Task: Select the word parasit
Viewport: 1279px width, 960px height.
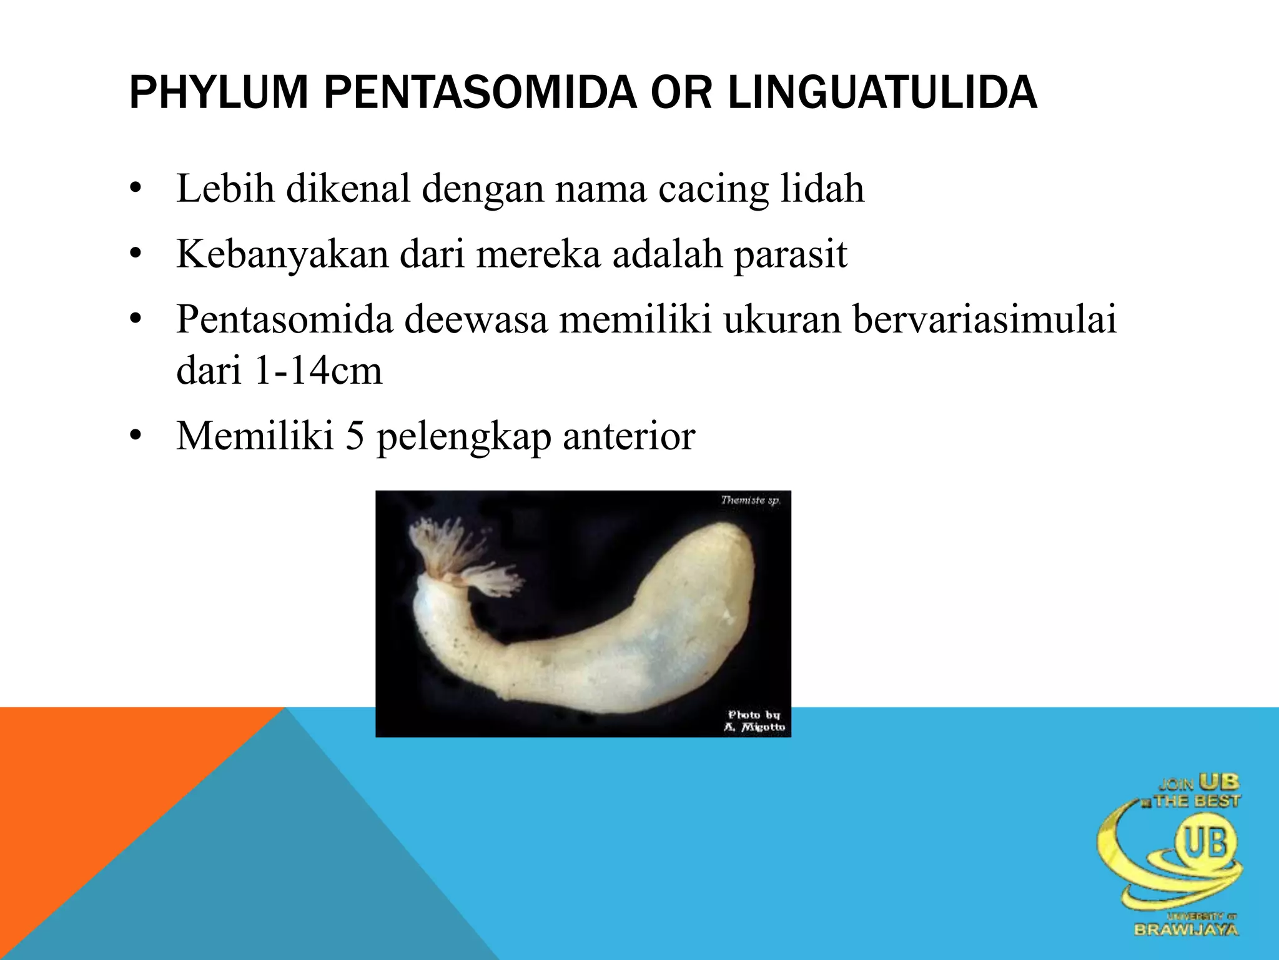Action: (x=790, y=255)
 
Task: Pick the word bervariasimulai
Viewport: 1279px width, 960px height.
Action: (x=984, y=319)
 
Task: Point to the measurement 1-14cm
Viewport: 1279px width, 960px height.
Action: (x=318, y=371)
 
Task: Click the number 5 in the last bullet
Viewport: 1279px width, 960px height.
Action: (x=354, y=436)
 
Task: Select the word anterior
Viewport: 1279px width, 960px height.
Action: (x=629, y=436)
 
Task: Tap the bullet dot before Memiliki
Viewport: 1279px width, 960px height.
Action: (x=136, y=437)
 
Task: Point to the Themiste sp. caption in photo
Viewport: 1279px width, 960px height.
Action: (x=749, y=500)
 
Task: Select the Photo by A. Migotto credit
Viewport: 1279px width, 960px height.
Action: (x=754, y=721)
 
